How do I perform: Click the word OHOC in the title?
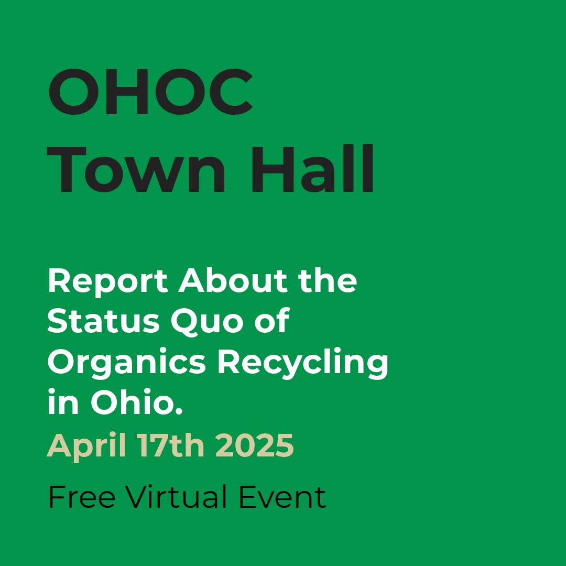tap(150, 92)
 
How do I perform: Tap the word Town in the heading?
tap(136, 169)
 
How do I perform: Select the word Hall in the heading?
tap(312, 168)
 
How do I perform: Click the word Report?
tap(108, 282)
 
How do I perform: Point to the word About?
tap(233, 280)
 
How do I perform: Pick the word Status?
tap(104, 321)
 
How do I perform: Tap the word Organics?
tap(127, 363)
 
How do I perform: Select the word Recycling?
tap(303, 363)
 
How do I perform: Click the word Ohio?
tap(132, 402)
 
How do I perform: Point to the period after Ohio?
tap(179, 411)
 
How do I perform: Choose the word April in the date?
tap(86, 446)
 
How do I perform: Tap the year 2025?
tap(255, 445)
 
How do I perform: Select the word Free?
tap(82, 497)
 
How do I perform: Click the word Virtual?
tap(177, 497)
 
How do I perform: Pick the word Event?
tap(282, 497)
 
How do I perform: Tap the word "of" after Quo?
tap(272, 320)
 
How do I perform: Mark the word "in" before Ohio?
tap(63, 402)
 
